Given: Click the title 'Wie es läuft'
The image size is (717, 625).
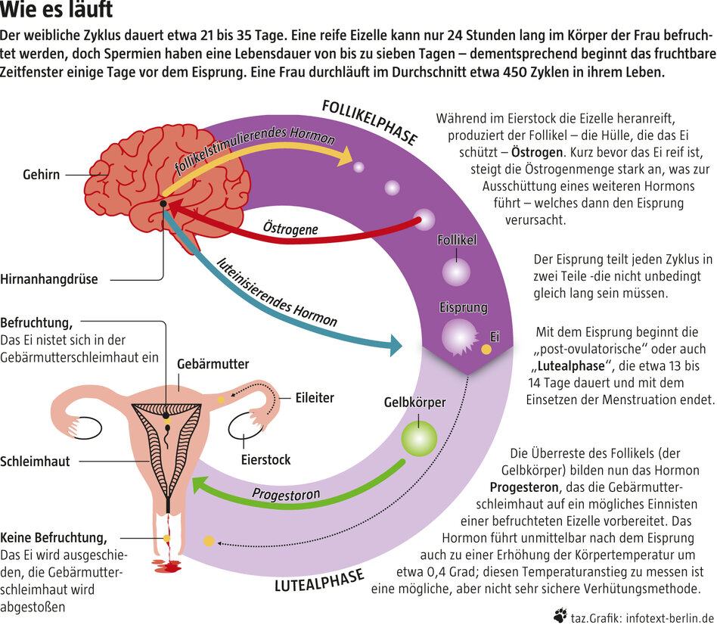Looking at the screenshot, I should [x=57, y=11].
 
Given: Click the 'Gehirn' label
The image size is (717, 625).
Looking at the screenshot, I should [x=42, y=175].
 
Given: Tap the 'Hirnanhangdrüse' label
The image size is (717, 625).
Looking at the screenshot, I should [x=49, y=279].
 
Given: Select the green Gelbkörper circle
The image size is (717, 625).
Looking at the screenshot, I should [x=418, y=438].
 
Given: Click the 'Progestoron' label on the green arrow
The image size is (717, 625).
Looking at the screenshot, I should [x=286, y=496].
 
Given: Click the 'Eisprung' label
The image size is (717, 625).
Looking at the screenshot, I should [x=463, y=309].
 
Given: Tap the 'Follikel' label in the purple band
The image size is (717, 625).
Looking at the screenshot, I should [x=457, y=241].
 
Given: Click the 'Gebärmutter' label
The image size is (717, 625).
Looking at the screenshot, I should [x=213, y=364].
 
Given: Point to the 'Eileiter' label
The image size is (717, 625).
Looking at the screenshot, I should [x=314, y=397].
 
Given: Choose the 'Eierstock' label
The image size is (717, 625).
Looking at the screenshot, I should [x=265, y=459].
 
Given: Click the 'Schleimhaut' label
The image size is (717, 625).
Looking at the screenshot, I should [x=36, y=461].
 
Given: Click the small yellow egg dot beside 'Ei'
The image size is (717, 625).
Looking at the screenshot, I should [x=486, y=350].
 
